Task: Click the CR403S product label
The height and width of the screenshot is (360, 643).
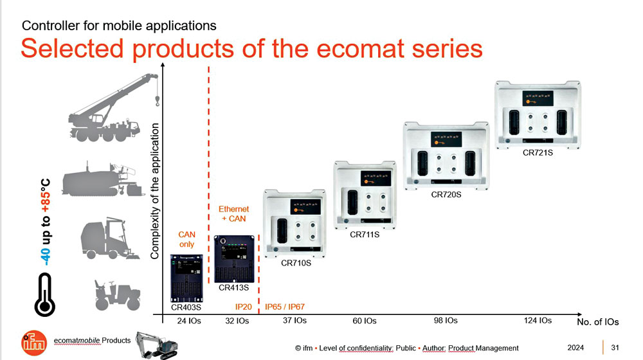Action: point(186,307)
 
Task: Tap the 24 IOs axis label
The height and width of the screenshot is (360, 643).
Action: point(190,321)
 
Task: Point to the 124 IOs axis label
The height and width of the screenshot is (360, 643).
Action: point(538,320)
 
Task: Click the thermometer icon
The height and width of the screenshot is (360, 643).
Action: point(44,294)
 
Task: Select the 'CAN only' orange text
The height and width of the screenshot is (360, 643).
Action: point(186,239)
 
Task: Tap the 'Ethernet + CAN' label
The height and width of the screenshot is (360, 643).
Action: point(233,214)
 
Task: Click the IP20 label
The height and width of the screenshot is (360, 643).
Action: point(243,307)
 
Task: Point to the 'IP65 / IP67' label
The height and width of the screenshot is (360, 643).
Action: point(285,307)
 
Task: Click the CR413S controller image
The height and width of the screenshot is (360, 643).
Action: point(234,258)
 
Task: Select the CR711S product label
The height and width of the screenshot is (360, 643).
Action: point(365,235)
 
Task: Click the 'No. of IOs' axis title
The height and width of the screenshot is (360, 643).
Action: point(597,321)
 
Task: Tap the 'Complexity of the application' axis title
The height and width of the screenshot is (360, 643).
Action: point(154,192)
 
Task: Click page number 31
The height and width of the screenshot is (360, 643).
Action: point(615,348)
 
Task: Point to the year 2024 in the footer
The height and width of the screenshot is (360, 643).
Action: point(575,348)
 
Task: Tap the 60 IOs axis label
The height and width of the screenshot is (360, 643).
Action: point(365,321)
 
